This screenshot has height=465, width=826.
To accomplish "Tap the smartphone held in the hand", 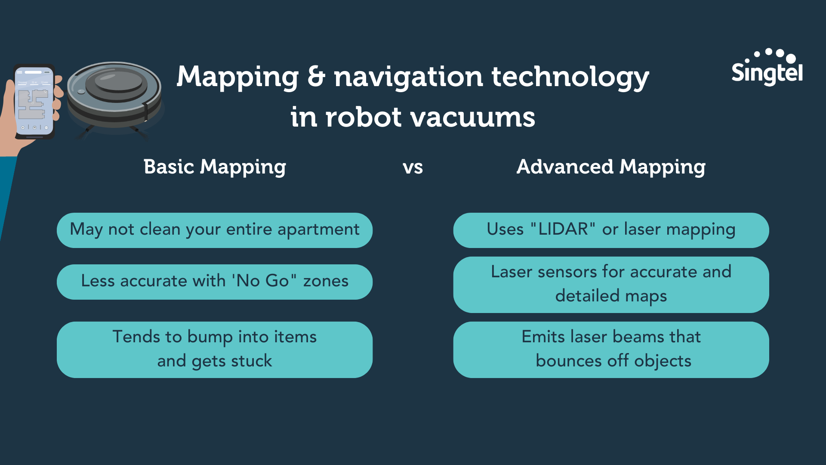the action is (34, 102).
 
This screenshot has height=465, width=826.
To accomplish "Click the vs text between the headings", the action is (413, 168).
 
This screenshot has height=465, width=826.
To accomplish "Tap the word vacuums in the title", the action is (473, 117).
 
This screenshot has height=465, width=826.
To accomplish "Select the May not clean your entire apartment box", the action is (215, 230).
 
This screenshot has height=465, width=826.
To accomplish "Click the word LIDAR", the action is (563, 229).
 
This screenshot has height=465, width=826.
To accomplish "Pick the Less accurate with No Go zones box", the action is (215, 282).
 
